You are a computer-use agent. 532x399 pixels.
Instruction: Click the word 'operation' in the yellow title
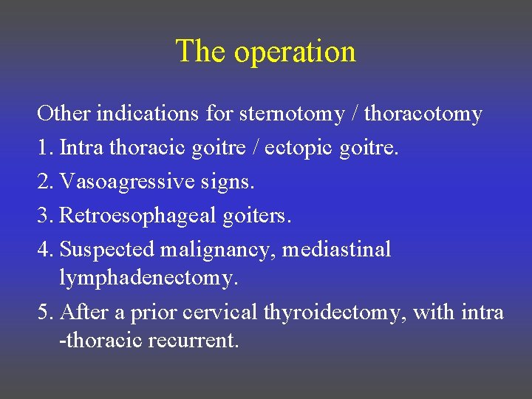(295, 52)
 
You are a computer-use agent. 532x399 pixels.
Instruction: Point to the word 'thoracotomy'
(423, 115)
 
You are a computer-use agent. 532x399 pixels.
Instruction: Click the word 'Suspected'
(107, 250)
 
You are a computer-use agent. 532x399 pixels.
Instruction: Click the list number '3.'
(45, 216)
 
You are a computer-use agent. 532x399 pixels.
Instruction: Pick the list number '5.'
(45, 313)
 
